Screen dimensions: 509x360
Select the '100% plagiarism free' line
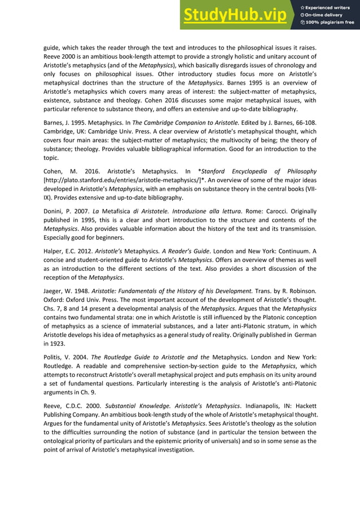tap(327, 23)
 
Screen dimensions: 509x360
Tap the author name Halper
tap(55, 257)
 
